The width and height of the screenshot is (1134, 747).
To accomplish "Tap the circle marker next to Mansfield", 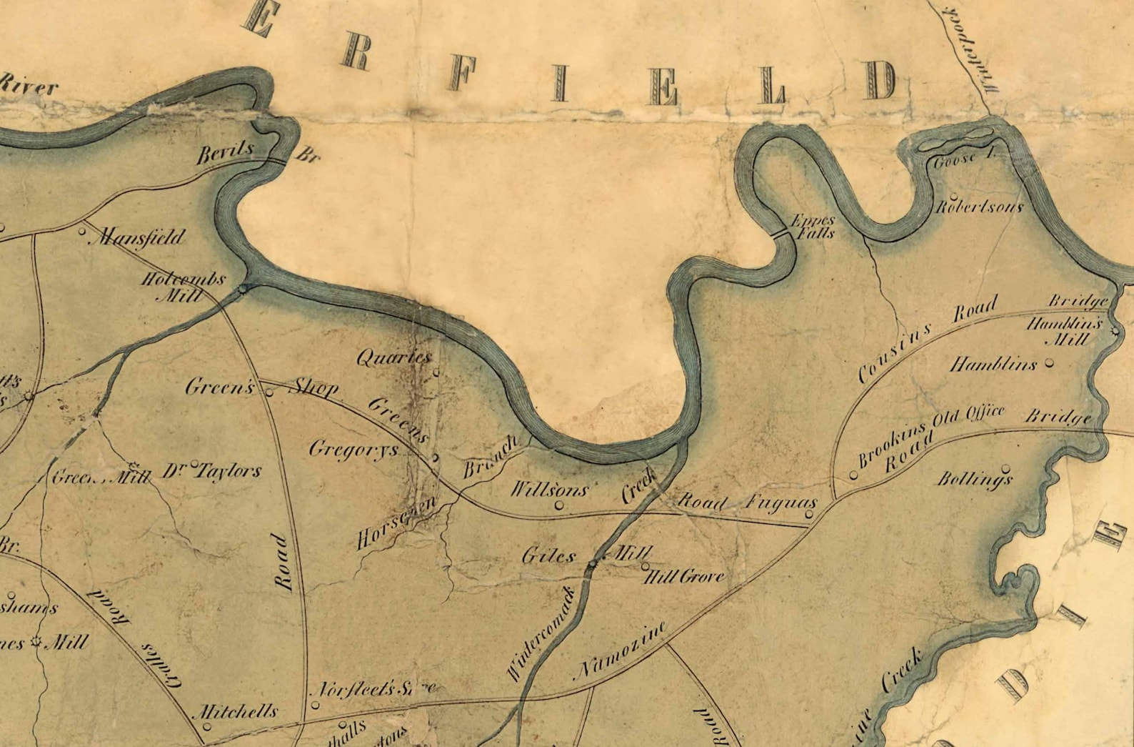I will pyautogui.click(x=81, y=231).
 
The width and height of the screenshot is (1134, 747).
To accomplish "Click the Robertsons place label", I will pyautogui.click(x=979, y=207).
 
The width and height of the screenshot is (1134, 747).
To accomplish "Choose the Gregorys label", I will pyautogui.click(x=353, y=450).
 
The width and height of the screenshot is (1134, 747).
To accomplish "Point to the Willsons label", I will pyautogui.click(x=548, y=490).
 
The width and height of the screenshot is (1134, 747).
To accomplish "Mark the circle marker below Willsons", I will pyautogui.click(x=559, y=505).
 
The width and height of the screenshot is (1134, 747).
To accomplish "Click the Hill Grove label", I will pyautogui.click(x=684, y=576).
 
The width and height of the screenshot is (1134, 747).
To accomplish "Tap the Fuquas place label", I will pyautogui.click(x=781, y=502).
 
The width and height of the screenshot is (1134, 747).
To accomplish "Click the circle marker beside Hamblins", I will pyautogui.click(x=1049, y=363).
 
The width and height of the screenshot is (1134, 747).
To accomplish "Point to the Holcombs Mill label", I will pyautogui.click(x=183, y=286).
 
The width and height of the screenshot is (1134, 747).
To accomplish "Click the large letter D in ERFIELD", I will pyautogui.click(x=882, y=81).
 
